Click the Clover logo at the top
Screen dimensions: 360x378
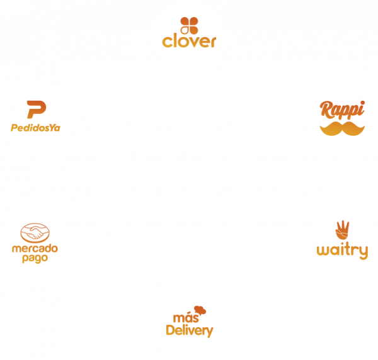pyautogui.click(x=189, y=35)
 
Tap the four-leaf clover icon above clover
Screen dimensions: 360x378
pyautogui.click(x=189, y=24)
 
